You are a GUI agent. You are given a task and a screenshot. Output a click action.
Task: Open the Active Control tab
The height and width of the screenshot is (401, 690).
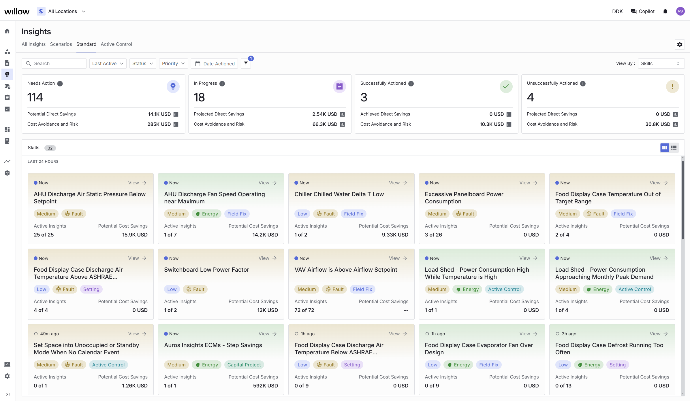(x=116, y=44)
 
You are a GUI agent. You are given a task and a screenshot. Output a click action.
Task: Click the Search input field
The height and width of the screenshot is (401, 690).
(x=54, y=63)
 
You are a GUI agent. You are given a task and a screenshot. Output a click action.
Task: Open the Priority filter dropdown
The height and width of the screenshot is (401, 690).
(x=173, y=63)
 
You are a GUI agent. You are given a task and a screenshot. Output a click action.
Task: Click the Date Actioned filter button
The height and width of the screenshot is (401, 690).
(x=215, y=63)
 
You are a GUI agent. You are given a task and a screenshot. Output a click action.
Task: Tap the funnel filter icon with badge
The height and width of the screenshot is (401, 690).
(x=246, y=63)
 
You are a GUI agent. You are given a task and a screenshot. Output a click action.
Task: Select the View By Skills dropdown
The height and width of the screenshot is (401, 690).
(x=661, y=63)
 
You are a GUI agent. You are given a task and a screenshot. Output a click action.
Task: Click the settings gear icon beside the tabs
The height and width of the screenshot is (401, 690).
(x=680, y=44)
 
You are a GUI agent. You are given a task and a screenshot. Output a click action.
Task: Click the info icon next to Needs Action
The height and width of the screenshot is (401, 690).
(x=60, y=84)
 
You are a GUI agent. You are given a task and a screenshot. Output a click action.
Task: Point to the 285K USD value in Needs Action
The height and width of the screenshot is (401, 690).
(x=159, y=124)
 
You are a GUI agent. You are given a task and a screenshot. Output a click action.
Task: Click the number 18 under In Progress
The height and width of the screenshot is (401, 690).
(x=199, y=97)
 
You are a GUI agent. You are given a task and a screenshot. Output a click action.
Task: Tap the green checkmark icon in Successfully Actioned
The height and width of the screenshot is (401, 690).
(x=506, y=86)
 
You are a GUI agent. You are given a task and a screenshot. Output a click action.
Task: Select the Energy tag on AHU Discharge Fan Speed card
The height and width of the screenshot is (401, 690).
(x=207, y=214)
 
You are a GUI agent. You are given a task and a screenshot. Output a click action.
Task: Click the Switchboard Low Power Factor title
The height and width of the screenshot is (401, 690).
(x=206, y=270)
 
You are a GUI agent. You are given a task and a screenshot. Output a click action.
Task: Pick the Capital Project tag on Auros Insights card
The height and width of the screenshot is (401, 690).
(x=244, y=365)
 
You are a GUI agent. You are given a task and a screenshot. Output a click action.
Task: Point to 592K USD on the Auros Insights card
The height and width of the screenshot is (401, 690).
(x=266, y=385)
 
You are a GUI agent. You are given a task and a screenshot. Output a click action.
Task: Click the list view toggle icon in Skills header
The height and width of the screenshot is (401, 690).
(x=674, y=148)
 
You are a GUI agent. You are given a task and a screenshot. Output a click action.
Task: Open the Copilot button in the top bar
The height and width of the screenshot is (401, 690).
(x=643, y=11)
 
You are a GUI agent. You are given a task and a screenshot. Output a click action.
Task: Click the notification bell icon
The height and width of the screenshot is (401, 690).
(x=665, y=11)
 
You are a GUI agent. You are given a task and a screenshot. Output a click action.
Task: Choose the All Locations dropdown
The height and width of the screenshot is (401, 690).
(x=62, y=11)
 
